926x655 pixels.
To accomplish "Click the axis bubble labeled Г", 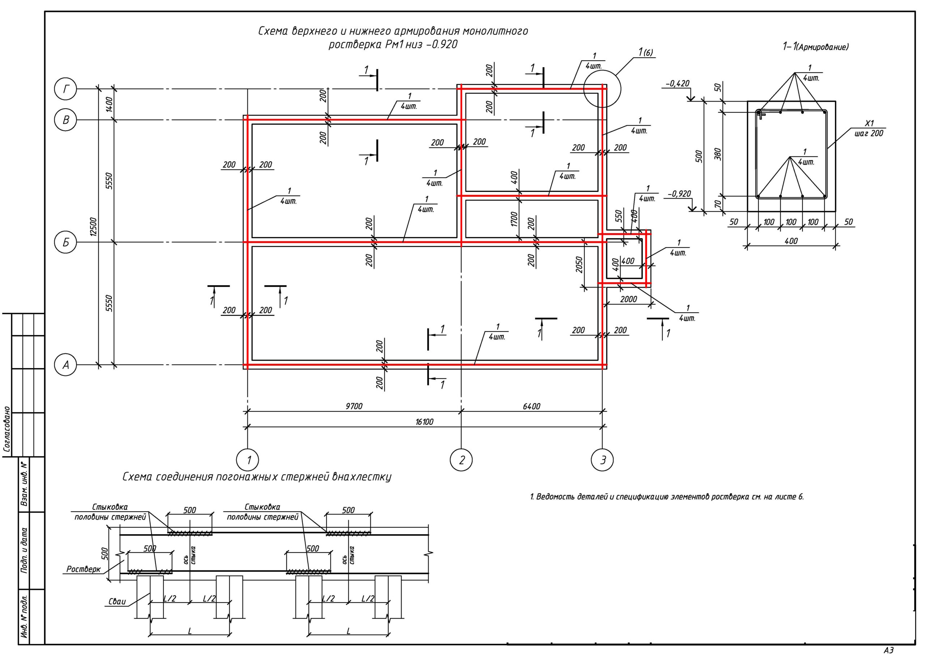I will coord(65,89).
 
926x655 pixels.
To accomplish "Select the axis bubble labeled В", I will coord(65,120).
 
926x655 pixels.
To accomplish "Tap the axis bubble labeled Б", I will coord(65,242).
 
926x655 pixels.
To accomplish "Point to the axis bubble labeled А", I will coord(65,365).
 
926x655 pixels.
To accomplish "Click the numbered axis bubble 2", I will coord(462,460).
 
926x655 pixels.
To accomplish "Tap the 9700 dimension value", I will coord(354,406).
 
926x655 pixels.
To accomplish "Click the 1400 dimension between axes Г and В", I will coord(109,105).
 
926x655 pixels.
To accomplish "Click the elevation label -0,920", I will coord(679,194).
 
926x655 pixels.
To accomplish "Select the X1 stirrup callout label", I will coord(870,123).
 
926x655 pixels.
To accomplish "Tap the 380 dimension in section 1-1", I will coord(718,154).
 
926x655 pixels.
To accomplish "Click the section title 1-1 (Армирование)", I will coord(815,47).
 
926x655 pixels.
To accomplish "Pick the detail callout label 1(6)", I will coord(645,52).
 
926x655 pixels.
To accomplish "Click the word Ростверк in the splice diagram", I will coord(84,569).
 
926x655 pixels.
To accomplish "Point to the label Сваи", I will coord(117,602).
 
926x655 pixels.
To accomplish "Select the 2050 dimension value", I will coord(579,264).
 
